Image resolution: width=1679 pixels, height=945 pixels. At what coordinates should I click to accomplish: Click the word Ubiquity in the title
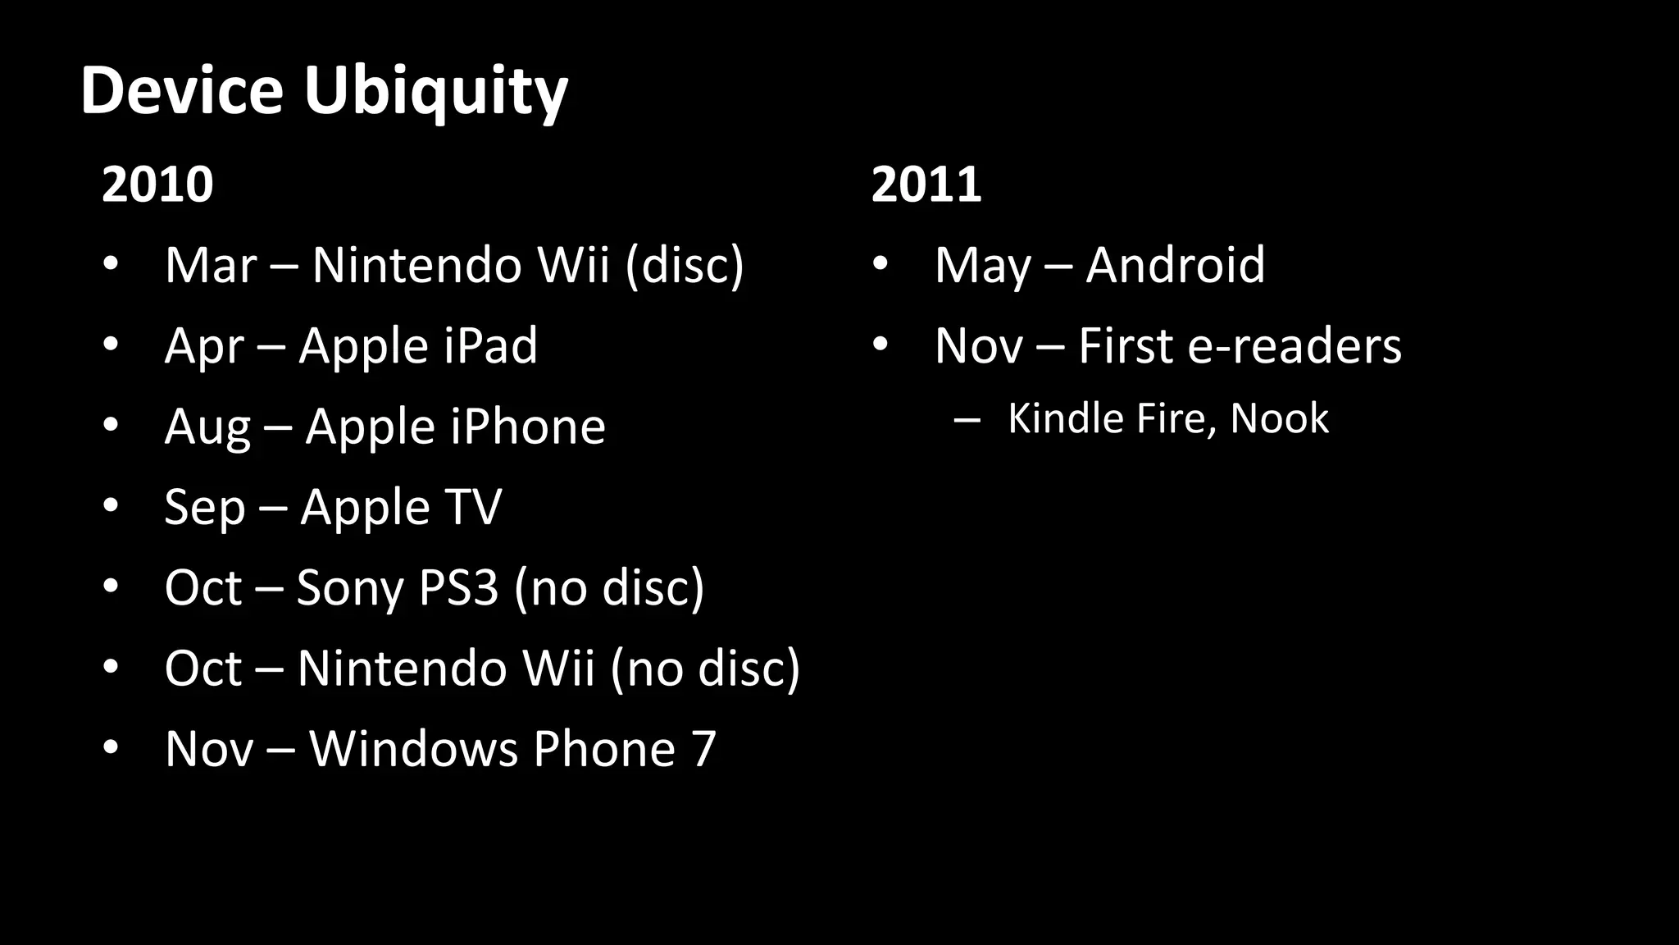[x=435, y=92]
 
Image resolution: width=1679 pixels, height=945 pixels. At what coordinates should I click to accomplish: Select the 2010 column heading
[x=157, y=185]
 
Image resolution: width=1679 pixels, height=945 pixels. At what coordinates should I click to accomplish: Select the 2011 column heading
[x=926, y=185]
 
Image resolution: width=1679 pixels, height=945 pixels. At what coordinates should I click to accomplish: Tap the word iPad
[x=490, y=345]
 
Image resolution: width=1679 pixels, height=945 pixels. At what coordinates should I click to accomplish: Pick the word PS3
[x=458, y=587]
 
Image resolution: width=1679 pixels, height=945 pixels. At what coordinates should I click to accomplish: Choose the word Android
[x=1175, y=265]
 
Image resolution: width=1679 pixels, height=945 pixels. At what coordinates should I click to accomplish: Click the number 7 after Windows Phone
[x=703, y=749]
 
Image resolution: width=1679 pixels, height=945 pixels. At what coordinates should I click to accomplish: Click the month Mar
[x=211, y=265]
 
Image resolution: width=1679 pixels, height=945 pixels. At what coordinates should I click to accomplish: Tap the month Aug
[x=207, y=428]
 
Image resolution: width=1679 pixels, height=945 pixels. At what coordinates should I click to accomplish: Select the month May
[x=982, y=267]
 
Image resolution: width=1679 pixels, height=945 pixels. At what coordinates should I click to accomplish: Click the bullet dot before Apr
[x=111, y=345]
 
